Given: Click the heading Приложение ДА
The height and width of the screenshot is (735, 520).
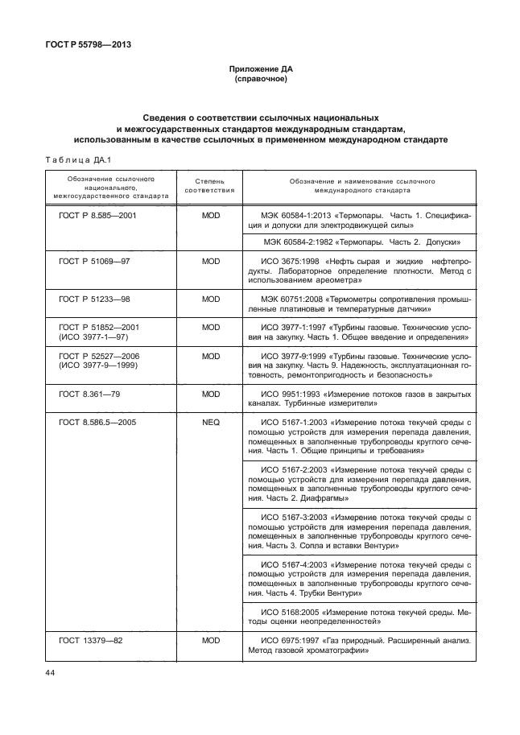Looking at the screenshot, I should (260, 70).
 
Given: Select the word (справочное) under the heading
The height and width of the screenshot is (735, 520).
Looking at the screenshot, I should (260, 80).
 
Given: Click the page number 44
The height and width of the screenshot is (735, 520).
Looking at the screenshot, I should (50, 673).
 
